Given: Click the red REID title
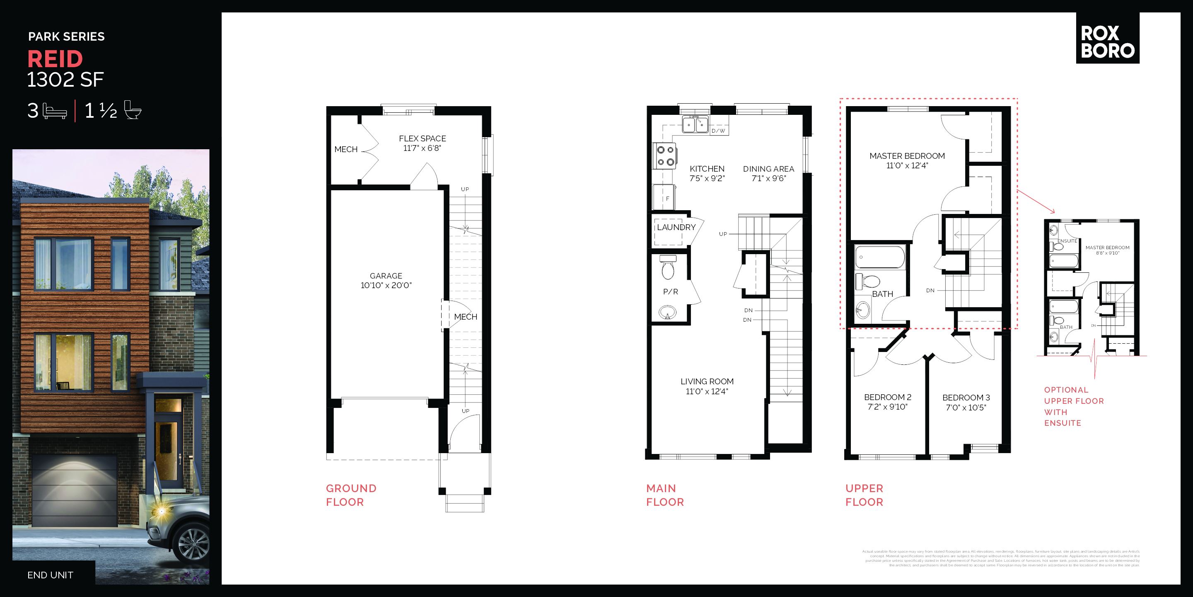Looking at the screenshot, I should [55, 59].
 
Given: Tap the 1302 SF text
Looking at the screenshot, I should [65, 80].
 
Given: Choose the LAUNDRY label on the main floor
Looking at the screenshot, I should [676, 228].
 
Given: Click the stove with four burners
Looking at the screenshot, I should [665, 156].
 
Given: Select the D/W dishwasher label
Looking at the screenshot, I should [718, 131].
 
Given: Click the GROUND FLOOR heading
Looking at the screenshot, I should [351, 495].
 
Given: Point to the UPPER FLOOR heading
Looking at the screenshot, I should [864, 495].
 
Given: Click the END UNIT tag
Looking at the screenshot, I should [50, 575].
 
